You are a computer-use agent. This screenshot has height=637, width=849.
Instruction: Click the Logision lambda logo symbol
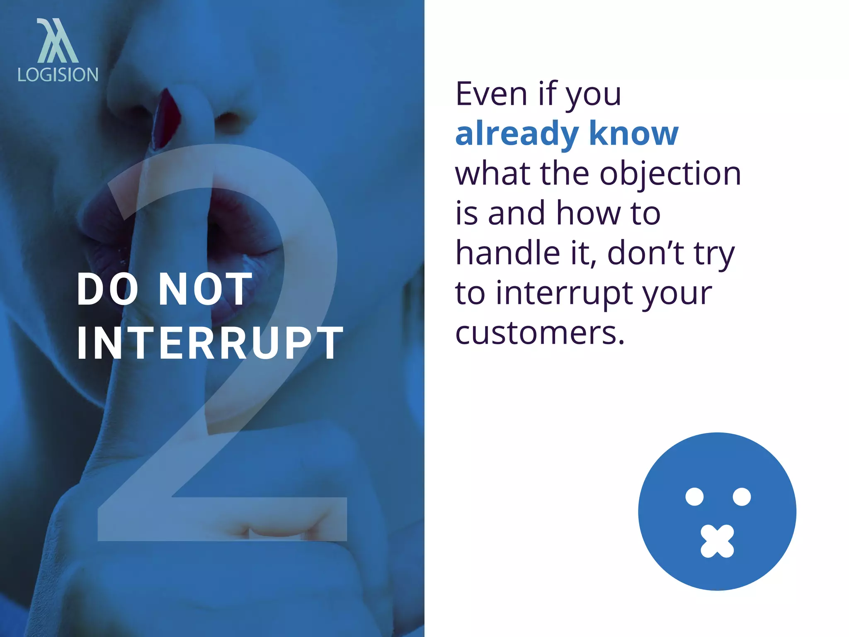point(57,41)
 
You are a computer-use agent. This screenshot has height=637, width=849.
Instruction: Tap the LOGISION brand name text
point(58,75)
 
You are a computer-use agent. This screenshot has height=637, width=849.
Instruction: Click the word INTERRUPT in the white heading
point(210,343)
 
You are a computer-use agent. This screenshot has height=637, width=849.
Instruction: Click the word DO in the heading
point(108,289)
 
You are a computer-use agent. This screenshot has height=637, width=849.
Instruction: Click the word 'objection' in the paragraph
point(670,174)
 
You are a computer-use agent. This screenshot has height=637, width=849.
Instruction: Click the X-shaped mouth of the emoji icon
point(717,541)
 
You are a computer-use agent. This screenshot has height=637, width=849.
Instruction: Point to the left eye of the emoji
point(694,497)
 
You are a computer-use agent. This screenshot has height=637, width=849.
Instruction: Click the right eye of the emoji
point(742,497)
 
